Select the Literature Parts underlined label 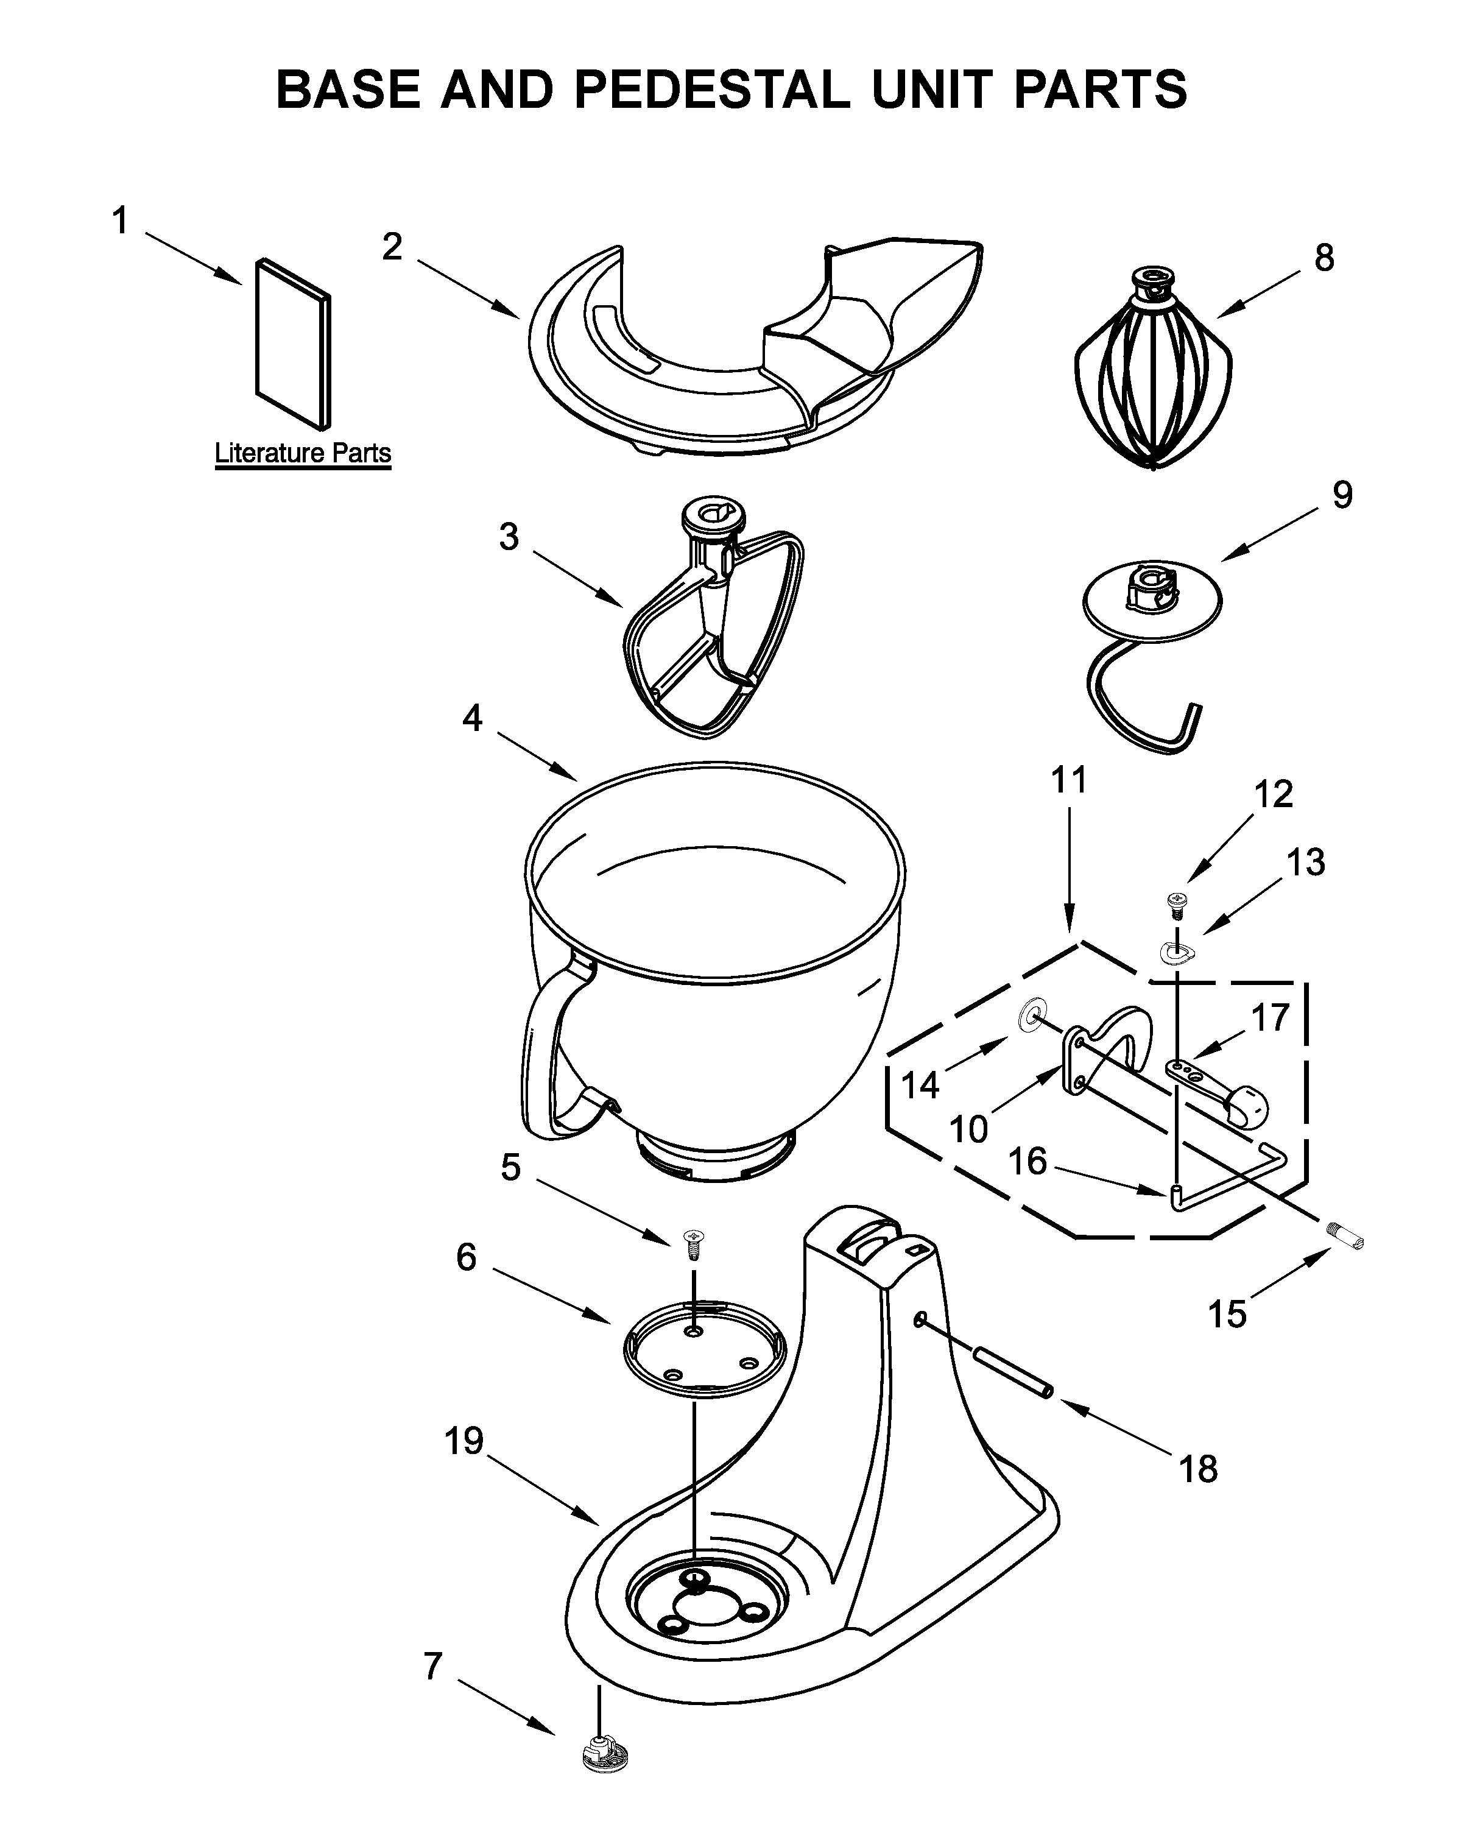[x=302, y=453]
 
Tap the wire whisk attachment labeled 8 [x=1152, y=375]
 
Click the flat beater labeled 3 [x=713, y=630]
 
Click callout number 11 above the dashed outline [x=1068, y=780]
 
